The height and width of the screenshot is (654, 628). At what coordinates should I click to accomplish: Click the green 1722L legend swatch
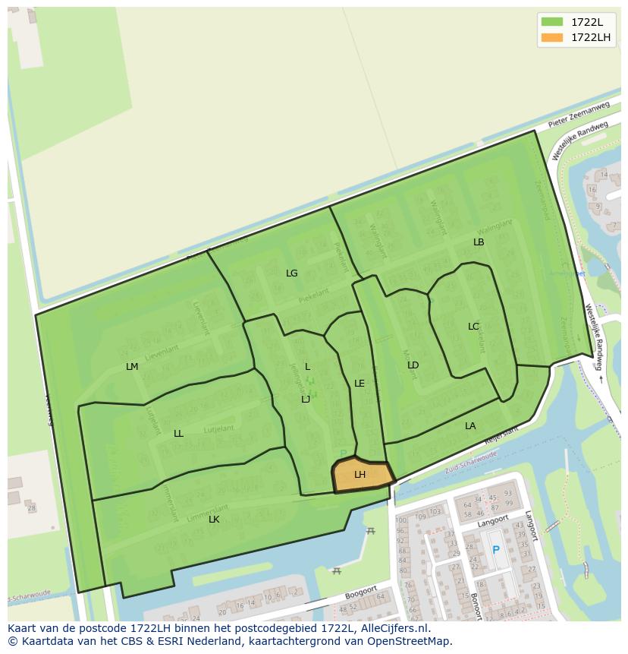(551, 22)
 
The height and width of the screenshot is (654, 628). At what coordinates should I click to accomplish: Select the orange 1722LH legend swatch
(551, 37)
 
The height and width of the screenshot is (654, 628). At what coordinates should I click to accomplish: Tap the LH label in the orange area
(360, 475)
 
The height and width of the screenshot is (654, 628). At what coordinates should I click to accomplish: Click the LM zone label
(132, 366)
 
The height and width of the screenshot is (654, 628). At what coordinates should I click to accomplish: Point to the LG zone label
(291, 273)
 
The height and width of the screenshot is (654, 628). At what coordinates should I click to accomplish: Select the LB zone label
(479, 242)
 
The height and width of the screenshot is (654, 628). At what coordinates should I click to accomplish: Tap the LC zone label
(473, 327)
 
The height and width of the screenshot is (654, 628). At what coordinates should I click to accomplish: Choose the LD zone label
(413, 365)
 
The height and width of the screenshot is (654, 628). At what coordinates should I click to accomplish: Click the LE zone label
(360, 384)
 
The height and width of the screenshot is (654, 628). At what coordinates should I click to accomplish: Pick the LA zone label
(470, 426)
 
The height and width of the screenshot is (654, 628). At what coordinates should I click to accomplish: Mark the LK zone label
(214, 520)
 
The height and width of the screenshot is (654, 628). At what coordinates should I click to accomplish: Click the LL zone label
(178, 434)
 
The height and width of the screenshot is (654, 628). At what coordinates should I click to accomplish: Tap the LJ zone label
(306, 400)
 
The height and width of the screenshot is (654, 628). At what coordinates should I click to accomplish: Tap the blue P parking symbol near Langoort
(496, 550)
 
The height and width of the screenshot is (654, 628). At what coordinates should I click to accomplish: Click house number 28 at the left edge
(30, 507)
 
